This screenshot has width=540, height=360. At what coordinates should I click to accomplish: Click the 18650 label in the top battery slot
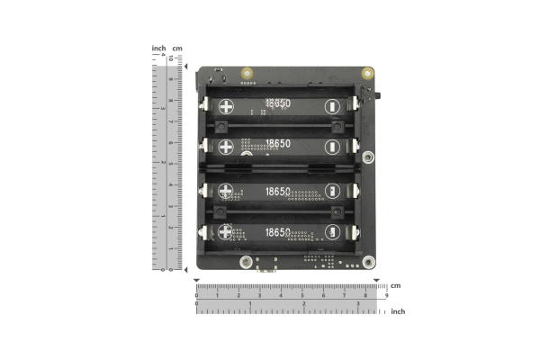coord(278,104)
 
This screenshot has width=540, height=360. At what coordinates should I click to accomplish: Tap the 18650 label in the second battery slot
coord(278,145)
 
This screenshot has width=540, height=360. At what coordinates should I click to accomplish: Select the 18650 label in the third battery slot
coord(278,191)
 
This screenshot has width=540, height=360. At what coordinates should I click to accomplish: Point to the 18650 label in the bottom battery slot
coord(278,232)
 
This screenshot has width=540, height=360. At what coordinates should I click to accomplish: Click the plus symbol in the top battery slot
coord(224,104)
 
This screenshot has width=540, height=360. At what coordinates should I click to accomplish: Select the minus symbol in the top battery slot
coord(334,104)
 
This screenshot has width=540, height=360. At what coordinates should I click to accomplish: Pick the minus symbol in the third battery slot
coord(334,191)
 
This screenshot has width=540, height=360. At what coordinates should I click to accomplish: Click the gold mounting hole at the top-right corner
coord(366,74)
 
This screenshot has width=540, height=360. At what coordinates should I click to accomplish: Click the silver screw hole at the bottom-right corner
coord(368,262)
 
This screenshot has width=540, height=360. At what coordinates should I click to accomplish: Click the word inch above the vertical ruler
coord(158,48)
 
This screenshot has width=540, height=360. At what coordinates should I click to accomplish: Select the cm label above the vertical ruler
coord(177,48)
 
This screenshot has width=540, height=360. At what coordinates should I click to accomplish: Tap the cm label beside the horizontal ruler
coord(395,286)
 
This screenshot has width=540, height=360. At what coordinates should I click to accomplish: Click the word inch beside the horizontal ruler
coord(397,311)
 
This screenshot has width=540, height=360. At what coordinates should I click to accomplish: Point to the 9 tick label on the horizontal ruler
coord(386,295)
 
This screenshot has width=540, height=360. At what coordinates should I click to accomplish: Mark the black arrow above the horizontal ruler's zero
coord(197,280)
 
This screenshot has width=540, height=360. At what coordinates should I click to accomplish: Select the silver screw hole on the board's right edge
coord(368,158)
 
